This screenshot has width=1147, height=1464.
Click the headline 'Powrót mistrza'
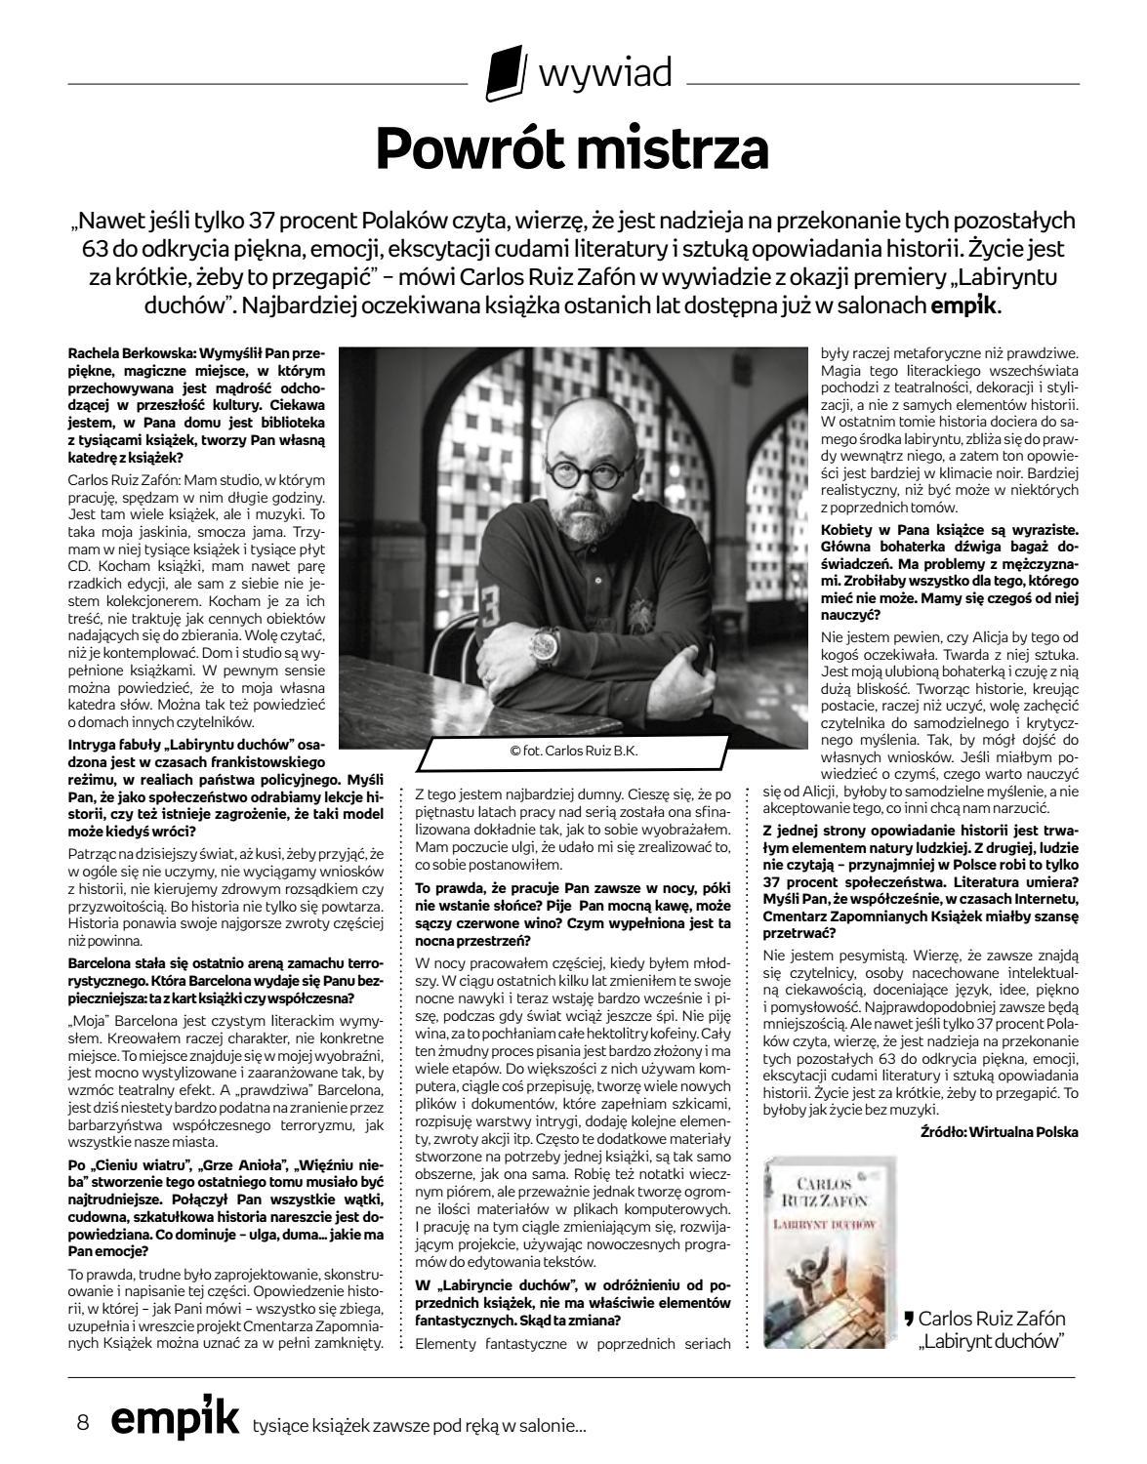tap(573, 147)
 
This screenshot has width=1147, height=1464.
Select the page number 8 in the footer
tap(83, 1423)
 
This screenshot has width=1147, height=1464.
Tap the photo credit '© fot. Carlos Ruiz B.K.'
tap(573, 751)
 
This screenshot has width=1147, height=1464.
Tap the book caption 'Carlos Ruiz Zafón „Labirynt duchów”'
tap(991, 1329)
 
